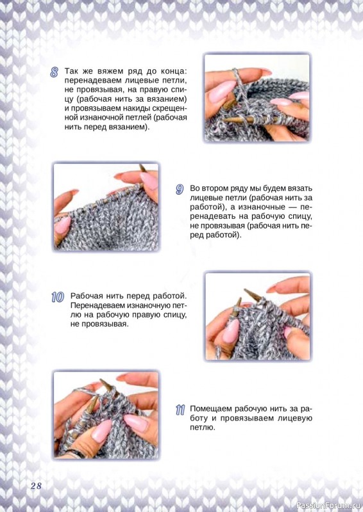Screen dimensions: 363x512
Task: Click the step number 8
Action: coord(55,72)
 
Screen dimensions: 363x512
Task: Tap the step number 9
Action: coord(180,189)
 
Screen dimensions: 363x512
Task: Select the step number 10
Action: coord(58,297)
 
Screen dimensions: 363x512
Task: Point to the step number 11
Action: coord(180,410)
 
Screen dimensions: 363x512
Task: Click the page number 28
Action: coord(36,486)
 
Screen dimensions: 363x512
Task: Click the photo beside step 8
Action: coord(257,97)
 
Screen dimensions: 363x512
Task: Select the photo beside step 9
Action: coord(106,207)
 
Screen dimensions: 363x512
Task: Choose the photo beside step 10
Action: coord(258,316)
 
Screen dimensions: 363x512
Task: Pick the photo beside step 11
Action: coord(106,415)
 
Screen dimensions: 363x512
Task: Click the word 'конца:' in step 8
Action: coord(173,71)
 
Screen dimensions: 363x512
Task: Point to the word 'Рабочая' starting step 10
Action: coord(86,296)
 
